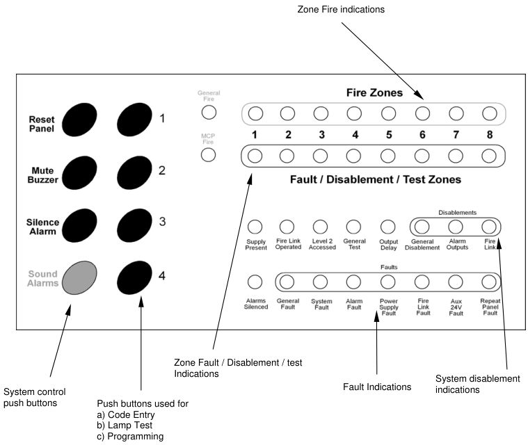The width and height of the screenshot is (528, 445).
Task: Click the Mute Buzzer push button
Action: pyautogui.click(x=79, y=172)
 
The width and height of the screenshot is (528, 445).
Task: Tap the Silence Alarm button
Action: pyautogui.click(x=79, y=225)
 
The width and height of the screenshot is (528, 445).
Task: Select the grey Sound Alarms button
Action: pyautogui.click(x=79, y=277)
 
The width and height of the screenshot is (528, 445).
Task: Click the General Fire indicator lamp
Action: pyautogui.click(x=209, y=112)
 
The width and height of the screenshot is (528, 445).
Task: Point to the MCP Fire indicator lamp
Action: pyautogui.click(x=208, y=155)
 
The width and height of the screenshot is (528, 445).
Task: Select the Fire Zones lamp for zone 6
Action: pyautogui.click(x=422, y=113)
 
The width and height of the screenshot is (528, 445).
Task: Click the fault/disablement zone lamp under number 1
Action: pyautogui.click(x=255, y=156)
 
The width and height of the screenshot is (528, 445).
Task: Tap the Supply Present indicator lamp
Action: pyautogui.click(x=255, y=227)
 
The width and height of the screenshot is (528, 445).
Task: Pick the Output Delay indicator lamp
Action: pyautogui.click(x=388, y=227)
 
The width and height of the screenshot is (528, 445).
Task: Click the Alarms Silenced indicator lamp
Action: pyautogui.click(x=255, y=282)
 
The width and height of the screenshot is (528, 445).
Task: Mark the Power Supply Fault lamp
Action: pyautogui.click(x=388, y=282)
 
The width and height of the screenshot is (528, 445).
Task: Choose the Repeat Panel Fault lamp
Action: pyautogui.click(x=489, y=282)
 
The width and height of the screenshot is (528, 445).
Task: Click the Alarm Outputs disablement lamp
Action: pyautogui.click(x=456, y=227)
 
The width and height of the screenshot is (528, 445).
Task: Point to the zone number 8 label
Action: pyautogui.click(x=490, y=135)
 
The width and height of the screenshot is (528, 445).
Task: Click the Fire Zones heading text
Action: pyautogui.click(x=374, y=92)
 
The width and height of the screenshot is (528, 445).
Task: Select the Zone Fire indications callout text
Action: pyautogui.click(x=341, y=10)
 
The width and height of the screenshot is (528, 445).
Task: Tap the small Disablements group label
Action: pyautogui.click(x=457, y=212)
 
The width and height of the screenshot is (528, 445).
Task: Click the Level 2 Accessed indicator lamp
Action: pyautogui.click(x=320, y=227)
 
